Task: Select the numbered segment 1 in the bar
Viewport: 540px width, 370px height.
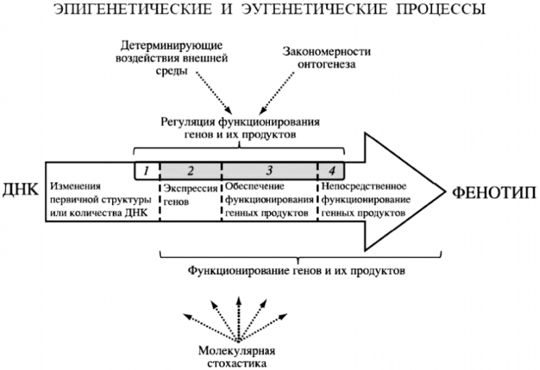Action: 147,169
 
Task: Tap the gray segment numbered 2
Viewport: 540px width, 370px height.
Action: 191,169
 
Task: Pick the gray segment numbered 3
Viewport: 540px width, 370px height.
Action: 270,169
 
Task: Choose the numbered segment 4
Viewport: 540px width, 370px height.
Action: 332,169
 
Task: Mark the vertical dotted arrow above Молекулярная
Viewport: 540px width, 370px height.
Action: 239,318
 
